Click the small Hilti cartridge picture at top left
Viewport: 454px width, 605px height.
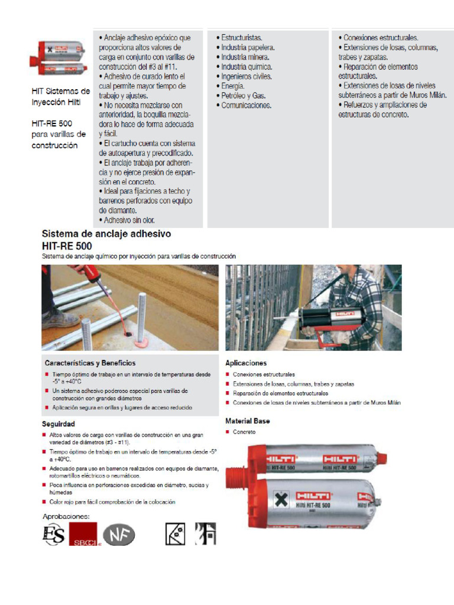click(59, 58)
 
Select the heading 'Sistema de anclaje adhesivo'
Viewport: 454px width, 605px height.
click(106, 234)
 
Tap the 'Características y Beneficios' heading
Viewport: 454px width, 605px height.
click(90, 363)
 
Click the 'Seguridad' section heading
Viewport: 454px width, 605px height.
click(58, 424)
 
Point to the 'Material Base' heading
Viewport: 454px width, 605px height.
click(248, 421)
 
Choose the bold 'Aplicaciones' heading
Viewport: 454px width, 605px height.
click(246, 363)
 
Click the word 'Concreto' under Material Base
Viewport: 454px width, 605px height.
click(244, 432)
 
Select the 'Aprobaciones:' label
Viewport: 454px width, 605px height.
click(66, 516)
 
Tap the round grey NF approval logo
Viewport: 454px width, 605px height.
click(119, 535)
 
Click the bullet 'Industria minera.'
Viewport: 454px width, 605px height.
click(245, 57)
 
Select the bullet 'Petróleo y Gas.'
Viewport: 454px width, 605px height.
click(243, 96)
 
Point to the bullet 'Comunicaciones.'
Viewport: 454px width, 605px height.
click(246, 105)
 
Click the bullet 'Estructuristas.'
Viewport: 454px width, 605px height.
click(242, 38)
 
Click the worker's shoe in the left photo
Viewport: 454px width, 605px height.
click(60, 318)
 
